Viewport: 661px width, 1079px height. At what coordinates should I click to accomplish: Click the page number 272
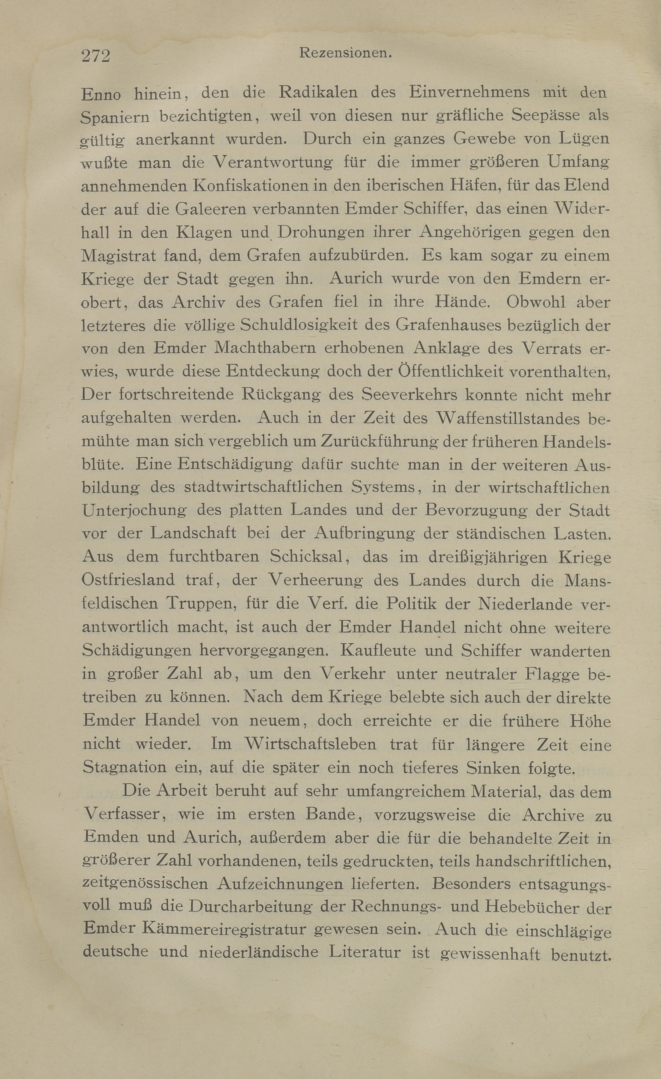[x=95, y=56]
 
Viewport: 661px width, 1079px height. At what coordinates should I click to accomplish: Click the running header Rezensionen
[x=345, y=53]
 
